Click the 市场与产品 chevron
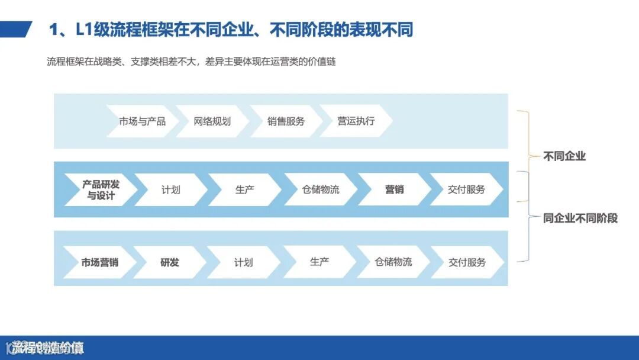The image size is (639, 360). [x=143, y=121]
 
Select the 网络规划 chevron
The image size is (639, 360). [x=212, y=121]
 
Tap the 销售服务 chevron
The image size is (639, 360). [x=286, y=121]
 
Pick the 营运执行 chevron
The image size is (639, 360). [x=356, y=121]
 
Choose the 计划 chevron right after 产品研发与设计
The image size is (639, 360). [x=171, y=189]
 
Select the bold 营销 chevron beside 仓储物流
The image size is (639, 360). [x=394, y=189]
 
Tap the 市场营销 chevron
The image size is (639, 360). [x=99, y=262]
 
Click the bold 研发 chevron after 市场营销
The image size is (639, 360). [x=170, y=262]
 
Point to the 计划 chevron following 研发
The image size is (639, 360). [x=243, y=262]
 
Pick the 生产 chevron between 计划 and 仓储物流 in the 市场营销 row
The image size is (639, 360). [x=319, y=262]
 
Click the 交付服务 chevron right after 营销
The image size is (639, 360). [x=467, y=189]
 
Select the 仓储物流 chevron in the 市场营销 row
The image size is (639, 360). [x=393, y=262]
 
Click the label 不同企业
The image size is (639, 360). [x=564, y=156]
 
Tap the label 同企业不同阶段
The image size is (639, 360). [x=580, y=218]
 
